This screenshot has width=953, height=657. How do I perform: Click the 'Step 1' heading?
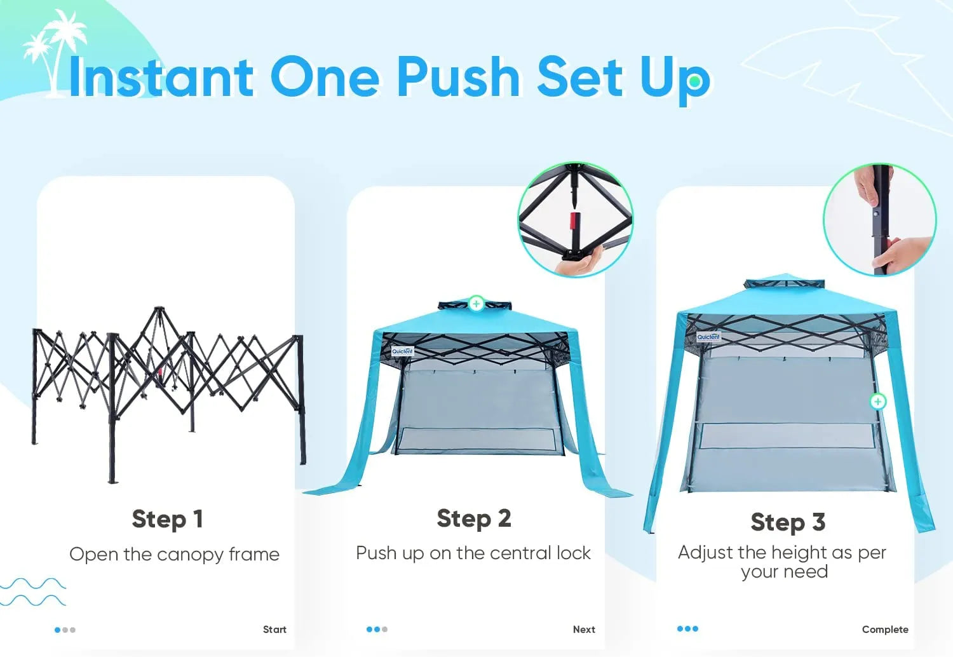[167, 519]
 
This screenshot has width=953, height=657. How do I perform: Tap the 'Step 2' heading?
[473, 518]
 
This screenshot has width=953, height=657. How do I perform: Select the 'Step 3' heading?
[787, 522]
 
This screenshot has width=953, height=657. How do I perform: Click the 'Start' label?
[274, 630]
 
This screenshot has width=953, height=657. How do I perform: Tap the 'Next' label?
[584, 630]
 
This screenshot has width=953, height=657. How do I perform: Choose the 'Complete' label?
[884, 630]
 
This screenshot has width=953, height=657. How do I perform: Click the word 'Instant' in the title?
[161, 78]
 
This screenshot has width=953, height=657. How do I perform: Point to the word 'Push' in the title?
[458, 78]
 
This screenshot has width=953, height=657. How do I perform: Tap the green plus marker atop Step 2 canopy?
[476, 304]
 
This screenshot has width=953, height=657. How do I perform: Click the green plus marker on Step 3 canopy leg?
[877, 402]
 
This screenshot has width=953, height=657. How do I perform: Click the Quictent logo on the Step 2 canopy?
[402, 351]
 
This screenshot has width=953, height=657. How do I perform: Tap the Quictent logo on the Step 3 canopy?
[708, 337]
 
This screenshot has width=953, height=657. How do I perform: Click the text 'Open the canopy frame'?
[174, 555]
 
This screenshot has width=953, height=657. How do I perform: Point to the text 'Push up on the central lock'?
[473, 553]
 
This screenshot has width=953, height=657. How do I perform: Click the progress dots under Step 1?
[65, 630]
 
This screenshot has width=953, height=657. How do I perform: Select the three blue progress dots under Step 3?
[687, 629]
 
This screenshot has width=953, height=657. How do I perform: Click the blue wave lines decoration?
[33, 592]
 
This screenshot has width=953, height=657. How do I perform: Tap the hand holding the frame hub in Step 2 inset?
[581, 261]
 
